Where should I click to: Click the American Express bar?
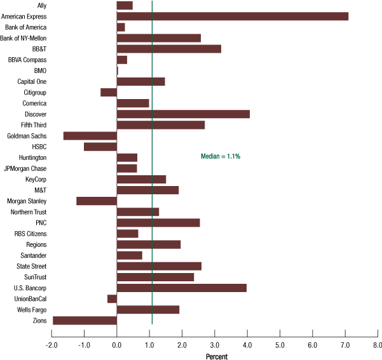tap(233, 17)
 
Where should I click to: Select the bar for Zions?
tap(85, 321)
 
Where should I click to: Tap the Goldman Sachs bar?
tap(90, 136)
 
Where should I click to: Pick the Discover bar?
tap(183, 114)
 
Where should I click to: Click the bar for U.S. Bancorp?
tap(182, 288)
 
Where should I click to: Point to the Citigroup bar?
tap(109, 93)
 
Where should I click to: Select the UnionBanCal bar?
tap(112, 299)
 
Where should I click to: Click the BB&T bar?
tap(169, 49)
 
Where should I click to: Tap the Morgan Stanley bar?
tap(97, 201)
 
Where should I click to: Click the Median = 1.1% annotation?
tap(221, 156)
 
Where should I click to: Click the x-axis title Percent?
tap(217, 357)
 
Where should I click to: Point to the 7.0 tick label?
tap(345, 345)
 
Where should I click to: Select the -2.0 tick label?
tap(51, 345)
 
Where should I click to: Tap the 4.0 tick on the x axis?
tap(247, 333)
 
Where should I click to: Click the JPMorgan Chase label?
tap(25, 168)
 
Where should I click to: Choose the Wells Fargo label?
tap(32, 310)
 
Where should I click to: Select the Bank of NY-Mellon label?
tap(23, 38)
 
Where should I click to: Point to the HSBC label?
tap(39, 147)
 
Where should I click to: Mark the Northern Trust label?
tap(29, 212)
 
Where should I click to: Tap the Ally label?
tap(42, 6)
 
